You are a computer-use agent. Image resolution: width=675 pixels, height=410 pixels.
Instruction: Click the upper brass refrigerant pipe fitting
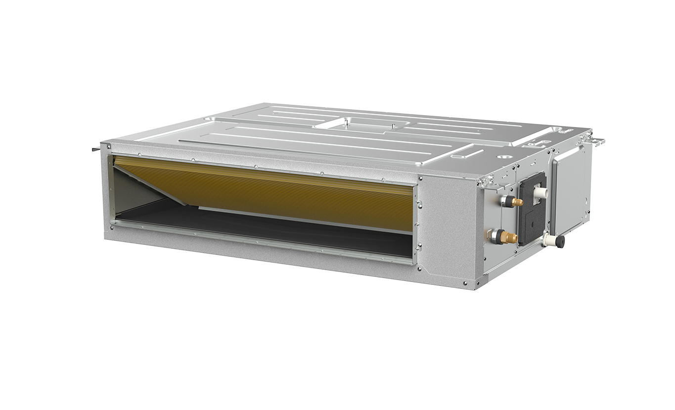coord(517,202)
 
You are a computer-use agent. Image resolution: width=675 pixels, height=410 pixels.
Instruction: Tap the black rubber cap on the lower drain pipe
coord(560,241)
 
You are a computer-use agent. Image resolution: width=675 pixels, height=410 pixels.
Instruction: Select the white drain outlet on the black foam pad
coord(542,192)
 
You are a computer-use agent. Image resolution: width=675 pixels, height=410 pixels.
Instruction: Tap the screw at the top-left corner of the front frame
coord(107,147)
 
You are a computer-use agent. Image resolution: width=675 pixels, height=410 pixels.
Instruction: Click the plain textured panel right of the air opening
coord(448,228)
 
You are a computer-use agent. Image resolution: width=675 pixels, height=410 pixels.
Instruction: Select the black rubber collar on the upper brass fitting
coord(506,200)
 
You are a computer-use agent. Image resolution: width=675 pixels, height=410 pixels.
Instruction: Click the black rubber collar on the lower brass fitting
coord(497,236)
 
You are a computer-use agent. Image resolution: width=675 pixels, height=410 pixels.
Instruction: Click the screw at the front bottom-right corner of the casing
coord(465,283)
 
